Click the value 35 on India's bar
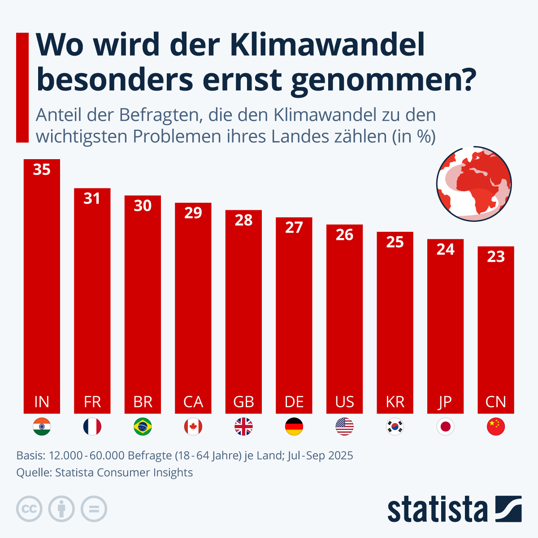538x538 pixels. [x=42, y=169]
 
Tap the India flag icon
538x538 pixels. [x=42, y=427]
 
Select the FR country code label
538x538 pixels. [x=92, y=402]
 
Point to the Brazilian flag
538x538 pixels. [x=143, y=427]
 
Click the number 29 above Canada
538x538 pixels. [x=193, y=213]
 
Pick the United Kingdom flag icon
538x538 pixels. [x=243, y=427]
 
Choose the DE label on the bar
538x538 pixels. [x=294, y=402]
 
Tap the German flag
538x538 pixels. [x=294, y=427]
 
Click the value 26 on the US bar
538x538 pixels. [x=344, y=234]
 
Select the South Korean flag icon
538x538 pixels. [x=395, y=427]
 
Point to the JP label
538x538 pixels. [x=445, y=402]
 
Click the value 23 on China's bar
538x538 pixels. [x=496, y=256]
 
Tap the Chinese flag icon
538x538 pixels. [x=496, y=427]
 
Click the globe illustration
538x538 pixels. [x=474, y=183]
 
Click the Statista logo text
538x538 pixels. [x=437, y=509]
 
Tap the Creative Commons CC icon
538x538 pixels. [x=29, y=509]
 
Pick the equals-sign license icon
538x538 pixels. [x=94, y=509]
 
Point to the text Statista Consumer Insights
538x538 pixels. [x=124, y=473]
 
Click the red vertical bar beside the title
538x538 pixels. [x=22, y=87]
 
